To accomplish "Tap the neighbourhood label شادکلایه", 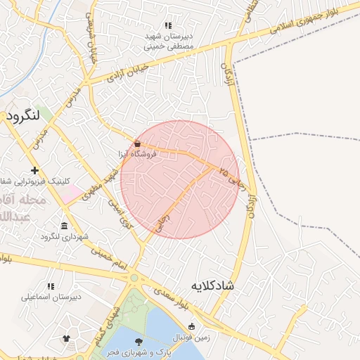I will pos(212,286).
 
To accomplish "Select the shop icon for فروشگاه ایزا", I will pos(137,143).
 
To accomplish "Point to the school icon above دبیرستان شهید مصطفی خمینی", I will pos(168,25).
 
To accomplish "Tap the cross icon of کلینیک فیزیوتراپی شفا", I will pos(34,171).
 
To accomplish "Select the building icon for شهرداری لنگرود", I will pos(65,226).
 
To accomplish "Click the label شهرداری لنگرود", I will pos(65,237).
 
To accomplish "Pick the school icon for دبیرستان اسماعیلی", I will pos(51,286).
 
